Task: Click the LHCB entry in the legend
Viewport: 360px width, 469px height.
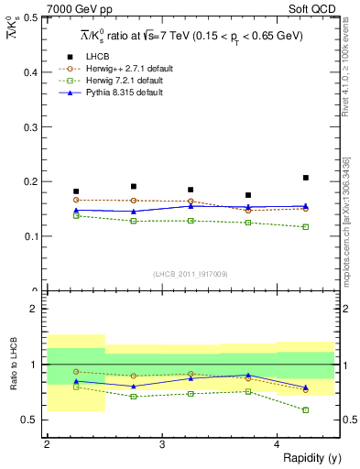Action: (100, 57)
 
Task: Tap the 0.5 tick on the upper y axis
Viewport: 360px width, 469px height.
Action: (29, 17)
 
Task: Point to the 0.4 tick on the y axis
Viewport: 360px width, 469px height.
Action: (29, 71)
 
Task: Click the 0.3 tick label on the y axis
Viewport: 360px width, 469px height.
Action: (29, 126)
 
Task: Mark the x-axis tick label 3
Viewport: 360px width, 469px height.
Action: (161, 444)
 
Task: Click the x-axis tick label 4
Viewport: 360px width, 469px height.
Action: (277, 444)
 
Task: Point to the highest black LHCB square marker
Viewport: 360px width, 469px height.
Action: (306, 178)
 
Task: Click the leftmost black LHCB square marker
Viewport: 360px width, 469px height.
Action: (76, 191)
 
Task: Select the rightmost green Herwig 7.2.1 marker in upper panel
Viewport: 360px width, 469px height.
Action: (306, 226)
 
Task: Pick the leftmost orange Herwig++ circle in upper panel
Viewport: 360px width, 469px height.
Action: (76, 200)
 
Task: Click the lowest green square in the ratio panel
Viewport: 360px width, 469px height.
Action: (306, 409)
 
